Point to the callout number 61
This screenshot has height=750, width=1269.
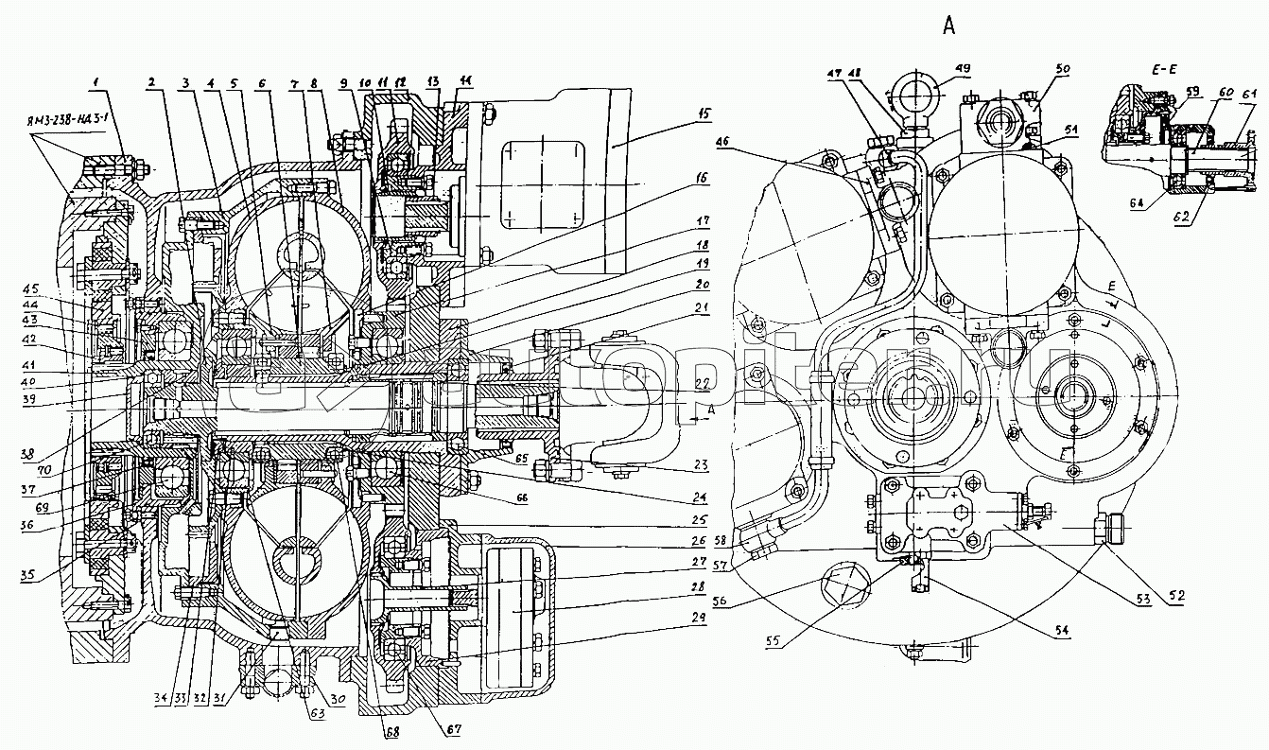click(1248, 93)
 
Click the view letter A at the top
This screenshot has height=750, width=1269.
click(948, 26)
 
